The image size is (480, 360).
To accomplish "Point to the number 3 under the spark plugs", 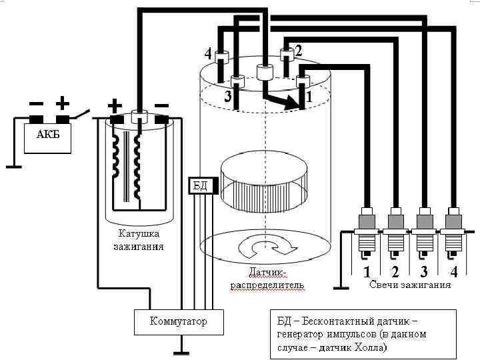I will [x=424, y=271].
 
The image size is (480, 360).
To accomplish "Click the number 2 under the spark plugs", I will [x=395, y=271].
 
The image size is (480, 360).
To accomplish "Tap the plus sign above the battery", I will [x=62, y=103].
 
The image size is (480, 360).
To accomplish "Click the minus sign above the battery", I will [x=36, y=104].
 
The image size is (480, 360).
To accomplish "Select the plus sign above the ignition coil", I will [x=115, y=105].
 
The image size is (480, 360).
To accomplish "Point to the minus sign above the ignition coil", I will [x=161, y=105].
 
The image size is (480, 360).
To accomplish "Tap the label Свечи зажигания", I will [x=409, y=285].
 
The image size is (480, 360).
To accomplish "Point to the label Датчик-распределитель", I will [x=267, y=279].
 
